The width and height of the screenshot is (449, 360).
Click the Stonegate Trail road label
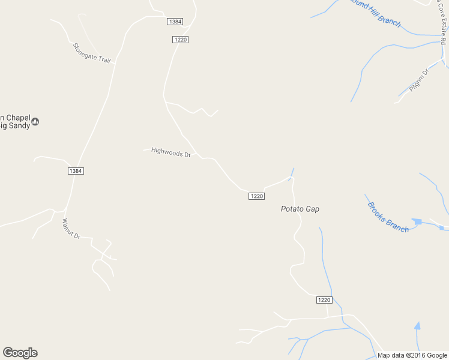coord(92,53)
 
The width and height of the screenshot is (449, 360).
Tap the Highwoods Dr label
coord(170,152)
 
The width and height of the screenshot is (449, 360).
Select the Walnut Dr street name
coord(71,229)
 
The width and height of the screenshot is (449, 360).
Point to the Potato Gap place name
coord(300,209)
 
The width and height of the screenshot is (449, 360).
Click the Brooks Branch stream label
coord(388,217)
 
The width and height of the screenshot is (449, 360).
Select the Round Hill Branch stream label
coord(375,13)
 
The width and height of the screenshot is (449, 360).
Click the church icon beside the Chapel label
coord(35,121)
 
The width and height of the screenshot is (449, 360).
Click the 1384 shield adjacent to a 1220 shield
coord(175,22)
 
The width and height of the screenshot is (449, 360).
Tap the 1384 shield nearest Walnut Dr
coord(75,171)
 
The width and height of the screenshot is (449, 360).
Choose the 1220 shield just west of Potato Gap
coord(256,196)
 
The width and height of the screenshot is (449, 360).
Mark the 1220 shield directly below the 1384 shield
coord(180,40)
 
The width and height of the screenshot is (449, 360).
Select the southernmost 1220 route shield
coord(323,300)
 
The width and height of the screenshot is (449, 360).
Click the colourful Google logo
coord(20,353)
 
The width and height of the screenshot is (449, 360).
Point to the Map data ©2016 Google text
coord(412,355)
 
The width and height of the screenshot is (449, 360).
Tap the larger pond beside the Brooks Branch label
coord(417,221)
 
